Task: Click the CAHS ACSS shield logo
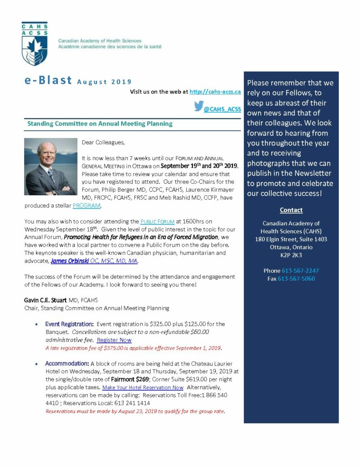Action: coord(35,44)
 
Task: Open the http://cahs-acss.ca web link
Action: coord(215,91)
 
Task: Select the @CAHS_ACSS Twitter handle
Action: coord(222,109)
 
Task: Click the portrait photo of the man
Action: coord(51,167)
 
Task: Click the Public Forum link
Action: coord(157,221)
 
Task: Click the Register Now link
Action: coord(114,339)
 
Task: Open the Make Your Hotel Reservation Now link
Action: coord(142,387)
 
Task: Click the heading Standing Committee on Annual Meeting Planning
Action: coord(100,123)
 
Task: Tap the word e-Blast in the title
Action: coord(48,81)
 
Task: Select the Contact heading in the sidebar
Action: coord(291,210)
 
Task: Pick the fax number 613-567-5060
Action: coord(296,279)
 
